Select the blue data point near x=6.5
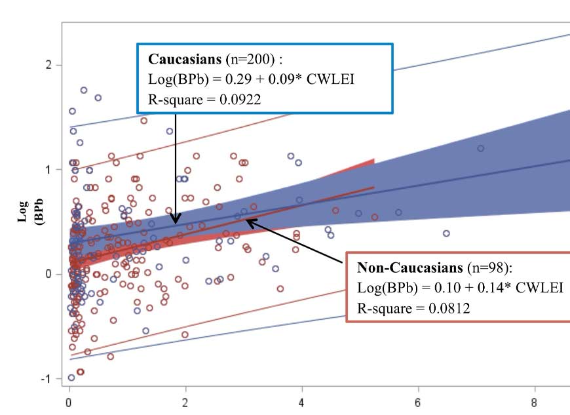click(x=446, y=233)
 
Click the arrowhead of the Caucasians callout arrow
click(x=176, y=222)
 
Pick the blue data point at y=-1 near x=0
click(x=71, y=378)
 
